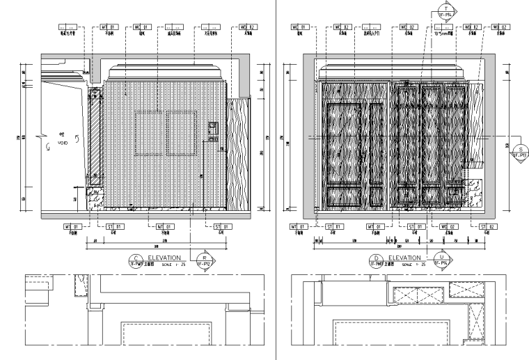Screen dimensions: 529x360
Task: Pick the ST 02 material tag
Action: (486, 226)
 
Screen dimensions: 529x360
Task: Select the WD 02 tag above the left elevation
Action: (248, 27)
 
